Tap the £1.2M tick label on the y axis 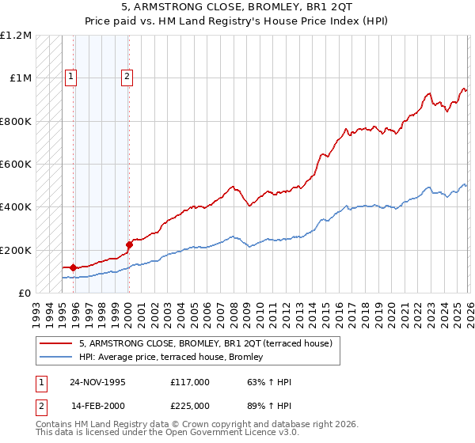point(16,36)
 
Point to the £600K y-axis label point(16,165)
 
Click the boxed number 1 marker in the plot point(71,77)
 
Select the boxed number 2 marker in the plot point(127,77)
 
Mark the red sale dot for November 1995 point(74,267)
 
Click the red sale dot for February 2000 point(129,244)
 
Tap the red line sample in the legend point(55,343)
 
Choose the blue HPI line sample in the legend point(55,358)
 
